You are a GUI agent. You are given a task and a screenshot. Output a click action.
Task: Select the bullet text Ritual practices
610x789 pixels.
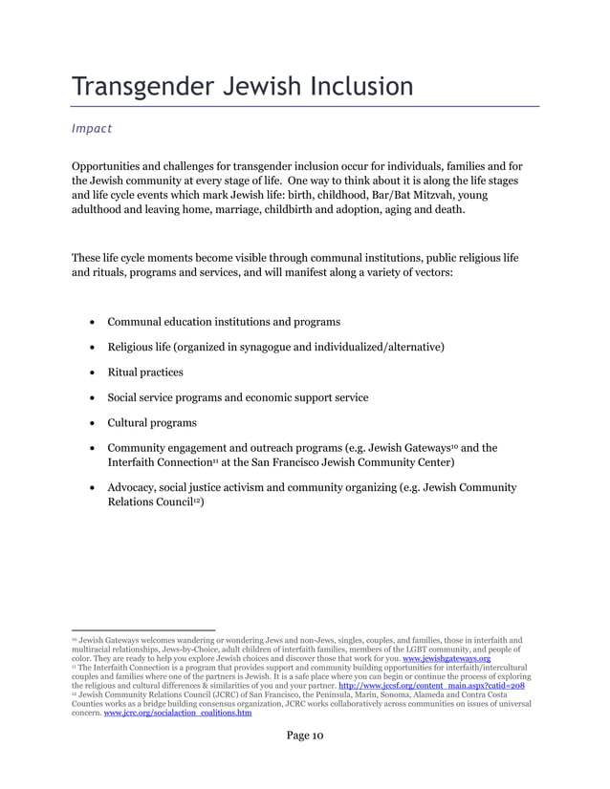coord(145,373)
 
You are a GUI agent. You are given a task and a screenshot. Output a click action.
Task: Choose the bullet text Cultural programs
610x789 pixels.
coord(152,422)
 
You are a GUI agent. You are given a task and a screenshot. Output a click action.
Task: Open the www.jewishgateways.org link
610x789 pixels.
coord(447,659)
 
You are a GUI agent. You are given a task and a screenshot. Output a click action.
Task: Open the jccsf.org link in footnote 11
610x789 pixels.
coord(431,686)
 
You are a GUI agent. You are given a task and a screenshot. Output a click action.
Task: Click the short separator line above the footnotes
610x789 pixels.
coord(143,629)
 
